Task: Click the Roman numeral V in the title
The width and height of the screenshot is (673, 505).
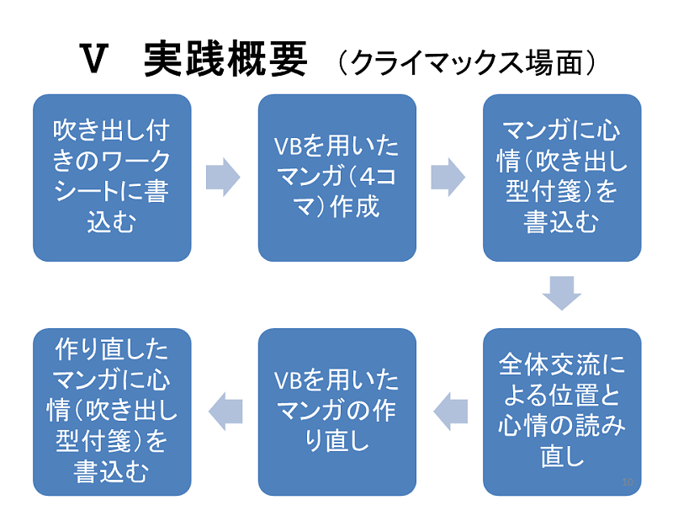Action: click(x=94, y=61)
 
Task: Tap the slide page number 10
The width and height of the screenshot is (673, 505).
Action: click(x=626, y=481)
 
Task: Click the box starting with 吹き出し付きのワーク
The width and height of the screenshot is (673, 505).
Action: click(x=112, y=178)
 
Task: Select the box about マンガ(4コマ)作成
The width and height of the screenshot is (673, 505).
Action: click(x=336, y=178)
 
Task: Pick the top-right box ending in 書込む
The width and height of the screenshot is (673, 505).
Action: click(x=561, y=178)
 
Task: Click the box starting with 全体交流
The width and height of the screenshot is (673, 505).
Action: click(x=561, y=412)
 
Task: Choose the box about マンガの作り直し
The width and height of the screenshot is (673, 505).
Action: click(x=336, y=412)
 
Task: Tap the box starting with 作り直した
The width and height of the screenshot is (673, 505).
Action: click(x=112, y=412)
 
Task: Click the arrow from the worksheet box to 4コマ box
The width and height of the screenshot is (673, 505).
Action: click(x=223, y=178)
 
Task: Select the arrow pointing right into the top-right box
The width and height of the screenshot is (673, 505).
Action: click(x=448, y=178)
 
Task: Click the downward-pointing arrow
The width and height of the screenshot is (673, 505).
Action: click(x=561, y=294)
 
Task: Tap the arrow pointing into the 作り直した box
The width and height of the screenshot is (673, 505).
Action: click(x=225, y=411)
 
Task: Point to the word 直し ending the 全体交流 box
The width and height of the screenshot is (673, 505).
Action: click(x=561, y=456)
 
